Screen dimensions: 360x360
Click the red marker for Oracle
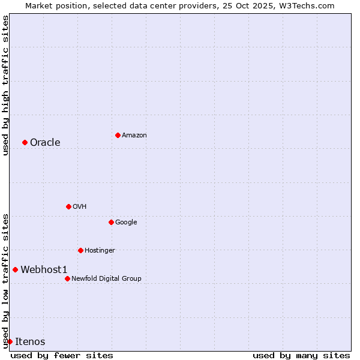pyautogui.click(x=25, y=142)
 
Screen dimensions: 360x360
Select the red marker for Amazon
pyautogui.click(x=118, y=135)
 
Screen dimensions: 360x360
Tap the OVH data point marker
pyautogui.click(x=68, y=206)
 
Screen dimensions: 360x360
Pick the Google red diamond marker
pyautogui.click(x=111, y=222)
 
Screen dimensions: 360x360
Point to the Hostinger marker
pyautogui.click(x=80, y=250)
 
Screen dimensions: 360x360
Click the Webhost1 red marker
pyautogui.click(x=15, y=269)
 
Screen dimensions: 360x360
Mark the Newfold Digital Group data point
pyautogui.click(x=67, y=278)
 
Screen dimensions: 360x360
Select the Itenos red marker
pyautogui.click(x=10, y=341)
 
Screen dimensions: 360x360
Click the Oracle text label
pyautogui.click(x=45, y=142)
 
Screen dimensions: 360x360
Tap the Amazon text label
pyautogui.click(x=134, y=135)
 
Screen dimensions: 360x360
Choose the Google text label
pyautogui.click(x=126, y=222)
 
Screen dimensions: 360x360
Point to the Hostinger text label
pyautogui.click(x=100, y=250)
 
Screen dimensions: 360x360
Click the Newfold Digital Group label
pyautogui.click(x=106, y=278)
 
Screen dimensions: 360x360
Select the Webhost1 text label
pyautogui.click(x=44, y=269)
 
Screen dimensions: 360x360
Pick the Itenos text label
pyautogui.click(x=30, y=341)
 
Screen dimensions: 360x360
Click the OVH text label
pyautogui.click(x=80, y=206)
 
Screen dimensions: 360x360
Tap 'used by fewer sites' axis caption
pyautogui.click(x=62, y=355)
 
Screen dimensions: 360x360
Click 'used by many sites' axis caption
pyautogui.click(x=301, y=355)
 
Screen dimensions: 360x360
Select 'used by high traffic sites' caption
pyautogui.click(x=5, y=85)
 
